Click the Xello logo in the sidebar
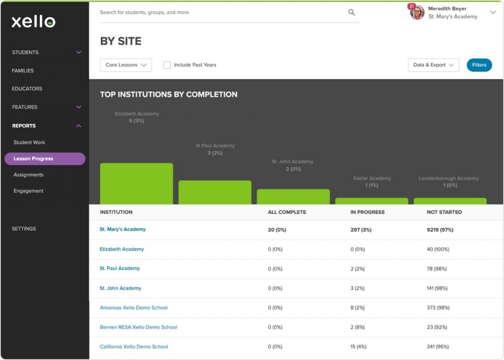33,22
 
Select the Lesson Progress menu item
44,159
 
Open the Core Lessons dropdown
126,65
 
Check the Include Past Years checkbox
167,65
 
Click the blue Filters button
479,65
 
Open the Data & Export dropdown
433,65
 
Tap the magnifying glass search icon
351,13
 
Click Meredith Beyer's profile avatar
417,13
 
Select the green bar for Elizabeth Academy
136,183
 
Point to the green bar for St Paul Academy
215,192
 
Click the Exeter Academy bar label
372,179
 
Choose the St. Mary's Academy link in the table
123,230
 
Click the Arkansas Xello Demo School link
133,308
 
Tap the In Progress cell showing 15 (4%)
359,347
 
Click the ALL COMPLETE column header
286,212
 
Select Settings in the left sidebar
24,229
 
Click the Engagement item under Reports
29,191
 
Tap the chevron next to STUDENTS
79,52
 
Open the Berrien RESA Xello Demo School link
138,327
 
